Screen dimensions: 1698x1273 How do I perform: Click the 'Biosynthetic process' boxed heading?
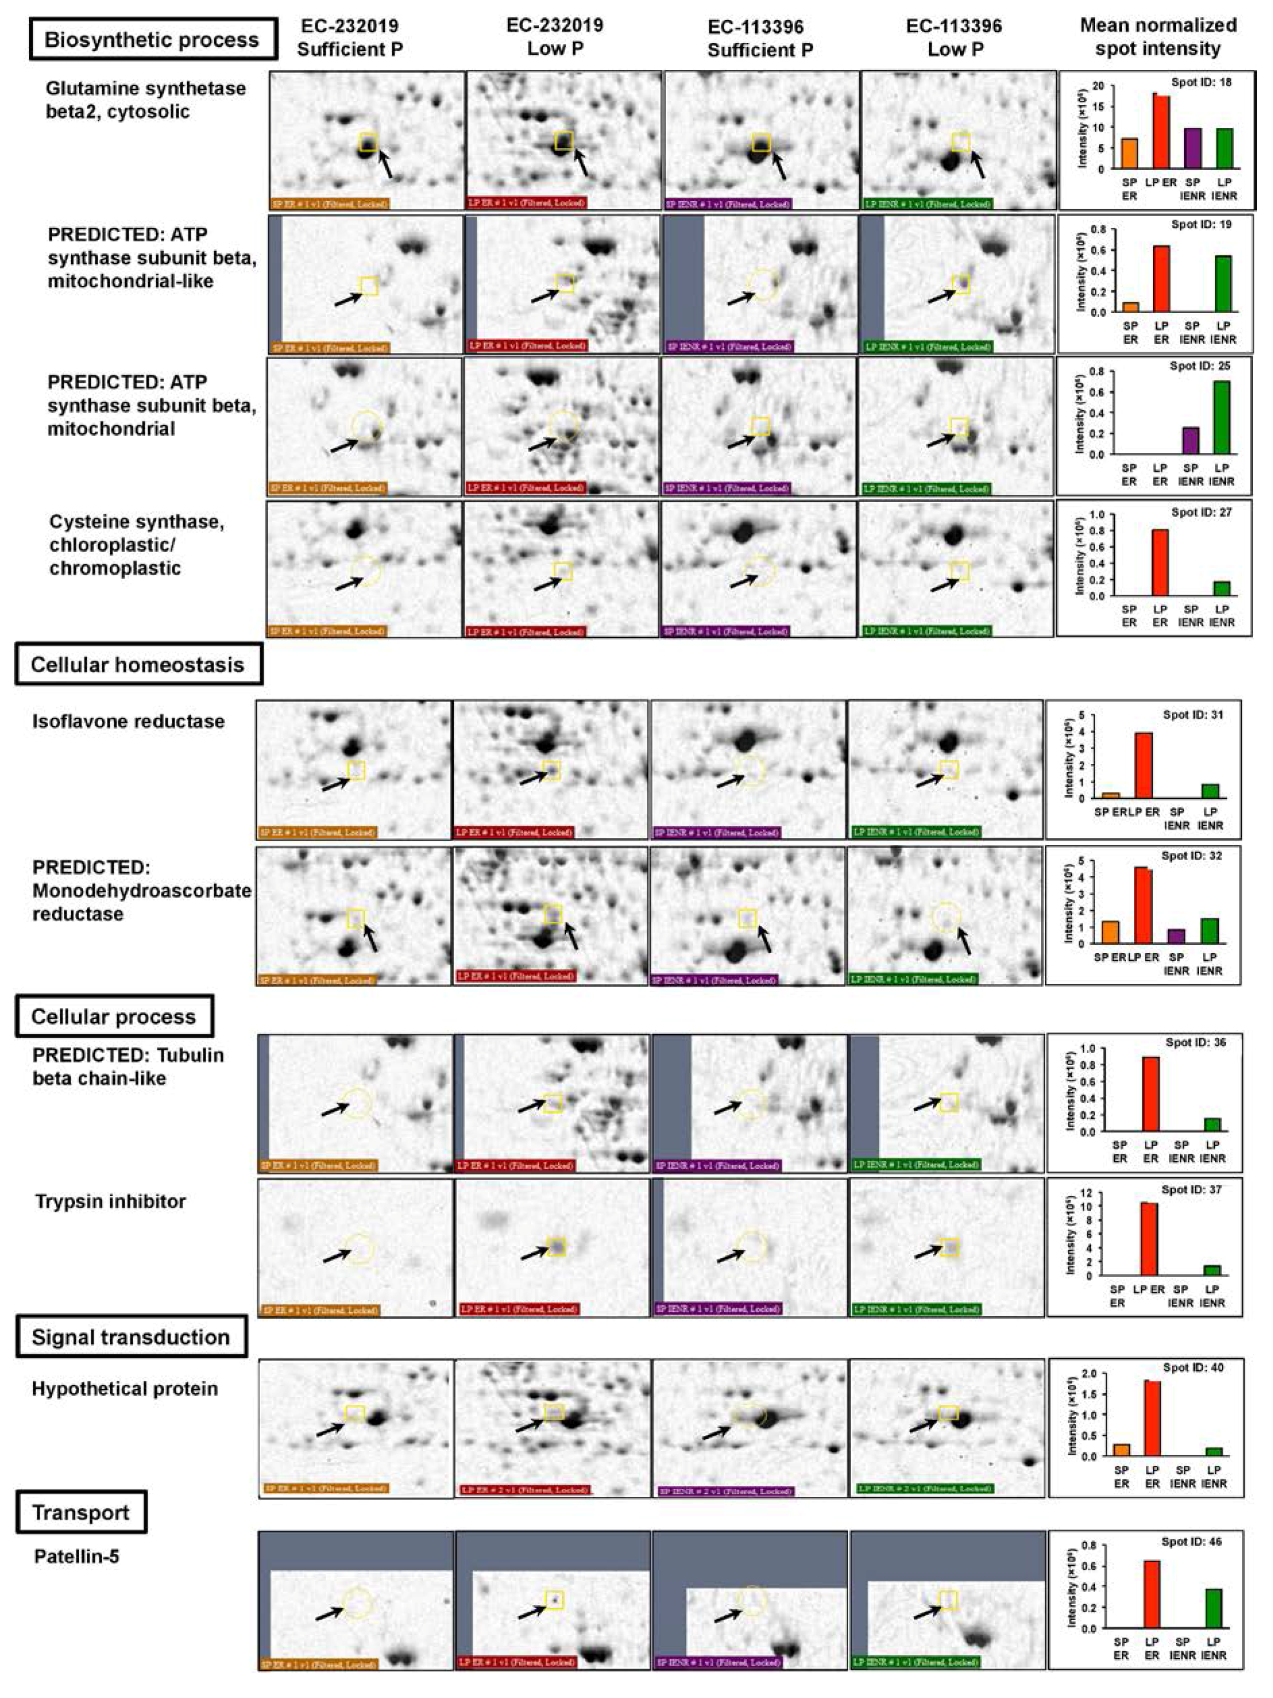point(152,40)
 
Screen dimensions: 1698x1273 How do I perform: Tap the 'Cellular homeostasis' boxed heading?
point(138,665)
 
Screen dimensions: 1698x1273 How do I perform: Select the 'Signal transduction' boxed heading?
point(131,1337)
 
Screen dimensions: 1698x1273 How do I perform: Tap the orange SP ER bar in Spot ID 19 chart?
point(1130,307)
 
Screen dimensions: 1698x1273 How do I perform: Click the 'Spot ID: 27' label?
point(1201,512)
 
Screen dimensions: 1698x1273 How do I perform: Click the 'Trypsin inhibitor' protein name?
point(111,1201)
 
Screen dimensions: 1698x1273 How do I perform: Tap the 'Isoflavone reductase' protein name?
point(128,721)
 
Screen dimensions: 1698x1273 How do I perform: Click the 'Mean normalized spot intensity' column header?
point(1158,37)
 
